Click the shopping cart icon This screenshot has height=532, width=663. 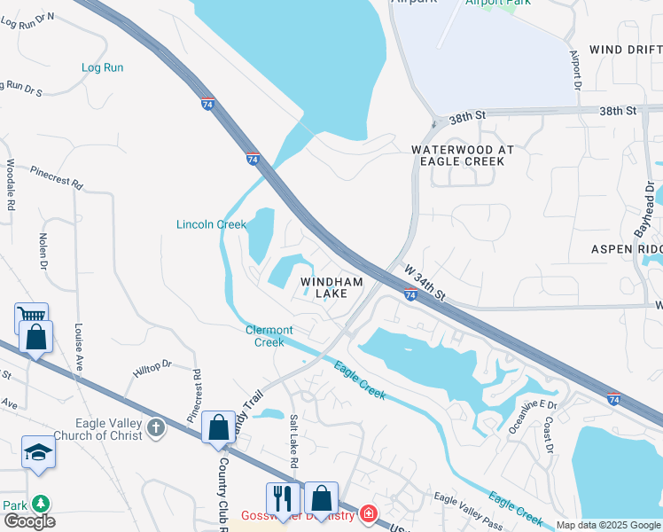(x=31, y=317)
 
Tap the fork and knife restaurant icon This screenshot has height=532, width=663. (x=280, y=497)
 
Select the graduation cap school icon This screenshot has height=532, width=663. (x=38, y=452)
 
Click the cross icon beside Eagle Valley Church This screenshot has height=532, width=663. (x=156, y=429)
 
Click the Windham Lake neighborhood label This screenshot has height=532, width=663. (x=331, y=287)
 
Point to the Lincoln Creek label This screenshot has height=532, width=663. (x=211, y=224)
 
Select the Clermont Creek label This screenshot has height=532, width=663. (x=269, y=336)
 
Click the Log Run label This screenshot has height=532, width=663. (x=103, y=67)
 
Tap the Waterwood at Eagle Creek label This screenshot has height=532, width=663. (x=463, y=156)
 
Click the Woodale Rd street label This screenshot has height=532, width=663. (x=11, y=184)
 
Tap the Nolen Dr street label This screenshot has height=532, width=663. (x=42, y=251)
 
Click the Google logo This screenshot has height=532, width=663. (x=29, y=521)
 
